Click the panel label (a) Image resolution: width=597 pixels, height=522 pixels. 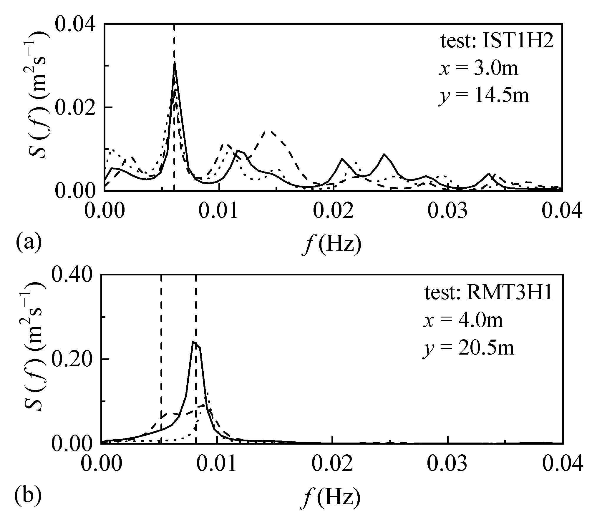pyautogui.click(x=29, y=242)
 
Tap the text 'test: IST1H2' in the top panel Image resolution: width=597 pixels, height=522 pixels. pyautogui.click(x=497, y=41)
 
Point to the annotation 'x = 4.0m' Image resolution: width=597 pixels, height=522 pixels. pyautogui.click(x=463, y=321)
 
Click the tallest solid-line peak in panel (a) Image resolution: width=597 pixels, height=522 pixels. pyautogui.click(x=174, y=63)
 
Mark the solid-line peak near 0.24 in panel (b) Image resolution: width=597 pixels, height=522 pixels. pyautogui.click(x=193, y=342)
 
